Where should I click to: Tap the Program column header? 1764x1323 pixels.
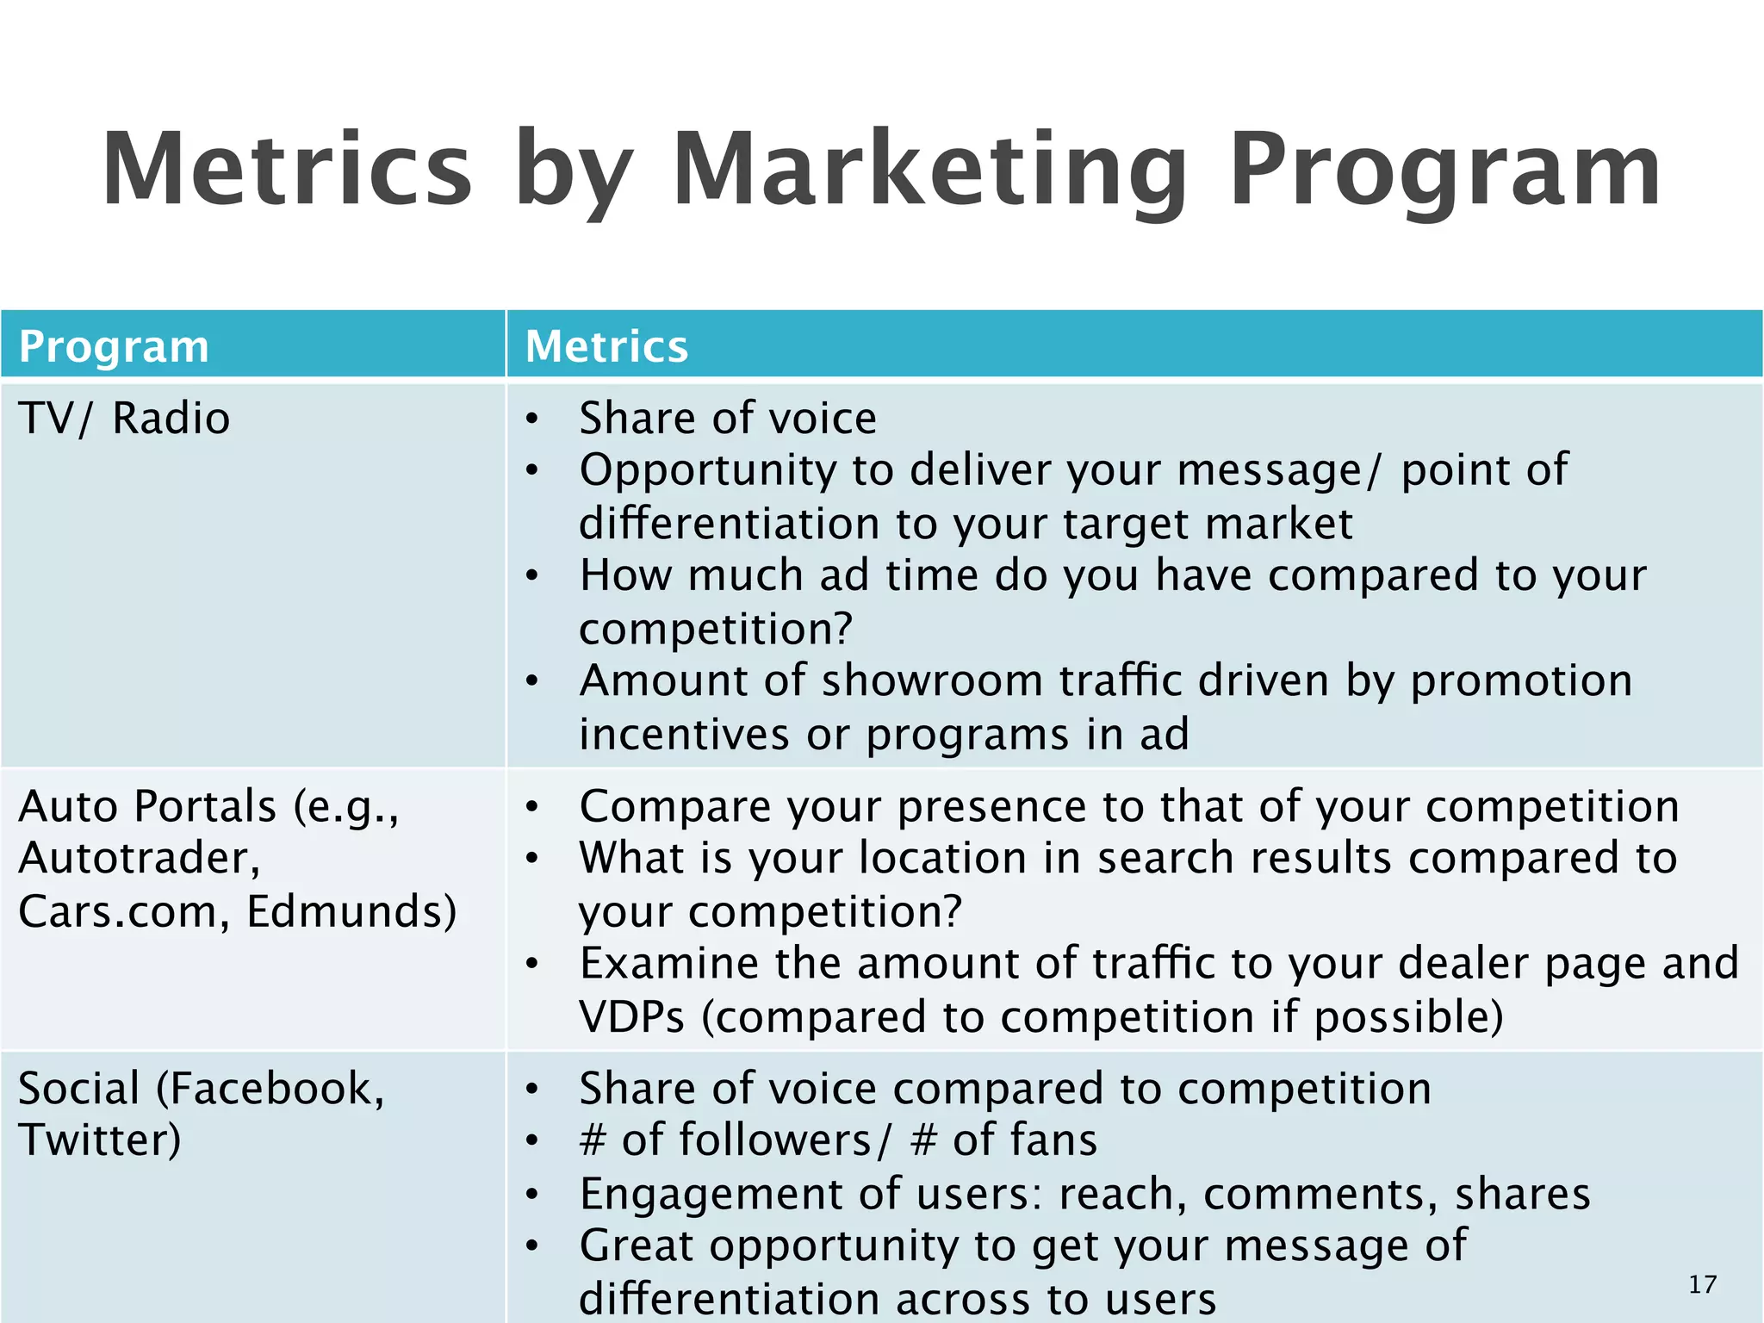point(114,346)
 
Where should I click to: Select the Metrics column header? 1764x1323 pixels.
point(606,346)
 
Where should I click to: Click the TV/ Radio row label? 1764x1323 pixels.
point(124,419)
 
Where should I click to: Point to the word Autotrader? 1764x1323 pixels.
point(138,859)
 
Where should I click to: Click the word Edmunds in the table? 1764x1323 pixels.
point(351,911)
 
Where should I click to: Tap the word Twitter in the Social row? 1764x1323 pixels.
point(99,1140)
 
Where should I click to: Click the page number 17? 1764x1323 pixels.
point(1702,1284)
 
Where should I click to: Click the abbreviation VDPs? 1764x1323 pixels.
point(631,1017)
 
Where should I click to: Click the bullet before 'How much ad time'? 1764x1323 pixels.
point(532,575)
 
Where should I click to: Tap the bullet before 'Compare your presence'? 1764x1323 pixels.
point(532,806)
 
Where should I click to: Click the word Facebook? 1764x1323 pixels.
point(270,1088)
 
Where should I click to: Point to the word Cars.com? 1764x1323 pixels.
point(117,911)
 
